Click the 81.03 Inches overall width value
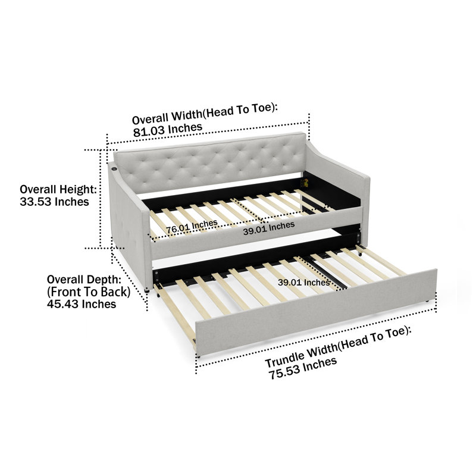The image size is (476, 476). tap(168, 130)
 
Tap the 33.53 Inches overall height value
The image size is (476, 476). tap(54, 202)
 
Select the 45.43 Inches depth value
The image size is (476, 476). tap(82, 304)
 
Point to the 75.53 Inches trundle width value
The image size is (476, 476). tap(303, 368)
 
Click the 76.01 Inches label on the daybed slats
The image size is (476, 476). tap(192, 227)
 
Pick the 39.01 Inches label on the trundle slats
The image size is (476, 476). tap(304, 283)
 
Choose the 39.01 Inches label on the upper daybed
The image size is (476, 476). tap(269, 228)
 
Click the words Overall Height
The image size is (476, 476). tap(58, 189)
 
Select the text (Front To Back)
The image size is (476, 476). tap(89, 292)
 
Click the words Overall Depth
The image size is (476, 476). tap(84, 279)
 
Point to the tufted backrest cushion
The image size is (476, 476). tap(210, 162)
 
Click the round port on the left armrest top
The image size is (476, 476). tap(114, 169)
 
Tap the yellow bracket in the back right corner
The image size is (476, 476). tap(304, 183)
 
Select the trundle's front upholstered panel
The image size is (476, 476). tap(316, 311)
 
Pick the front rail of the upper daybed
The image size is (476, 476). tap(256, 233)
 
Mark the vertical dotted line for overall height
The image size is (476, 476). tap(100, 199)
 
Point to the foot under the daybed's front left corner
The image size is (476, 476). tap(147, 290)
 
